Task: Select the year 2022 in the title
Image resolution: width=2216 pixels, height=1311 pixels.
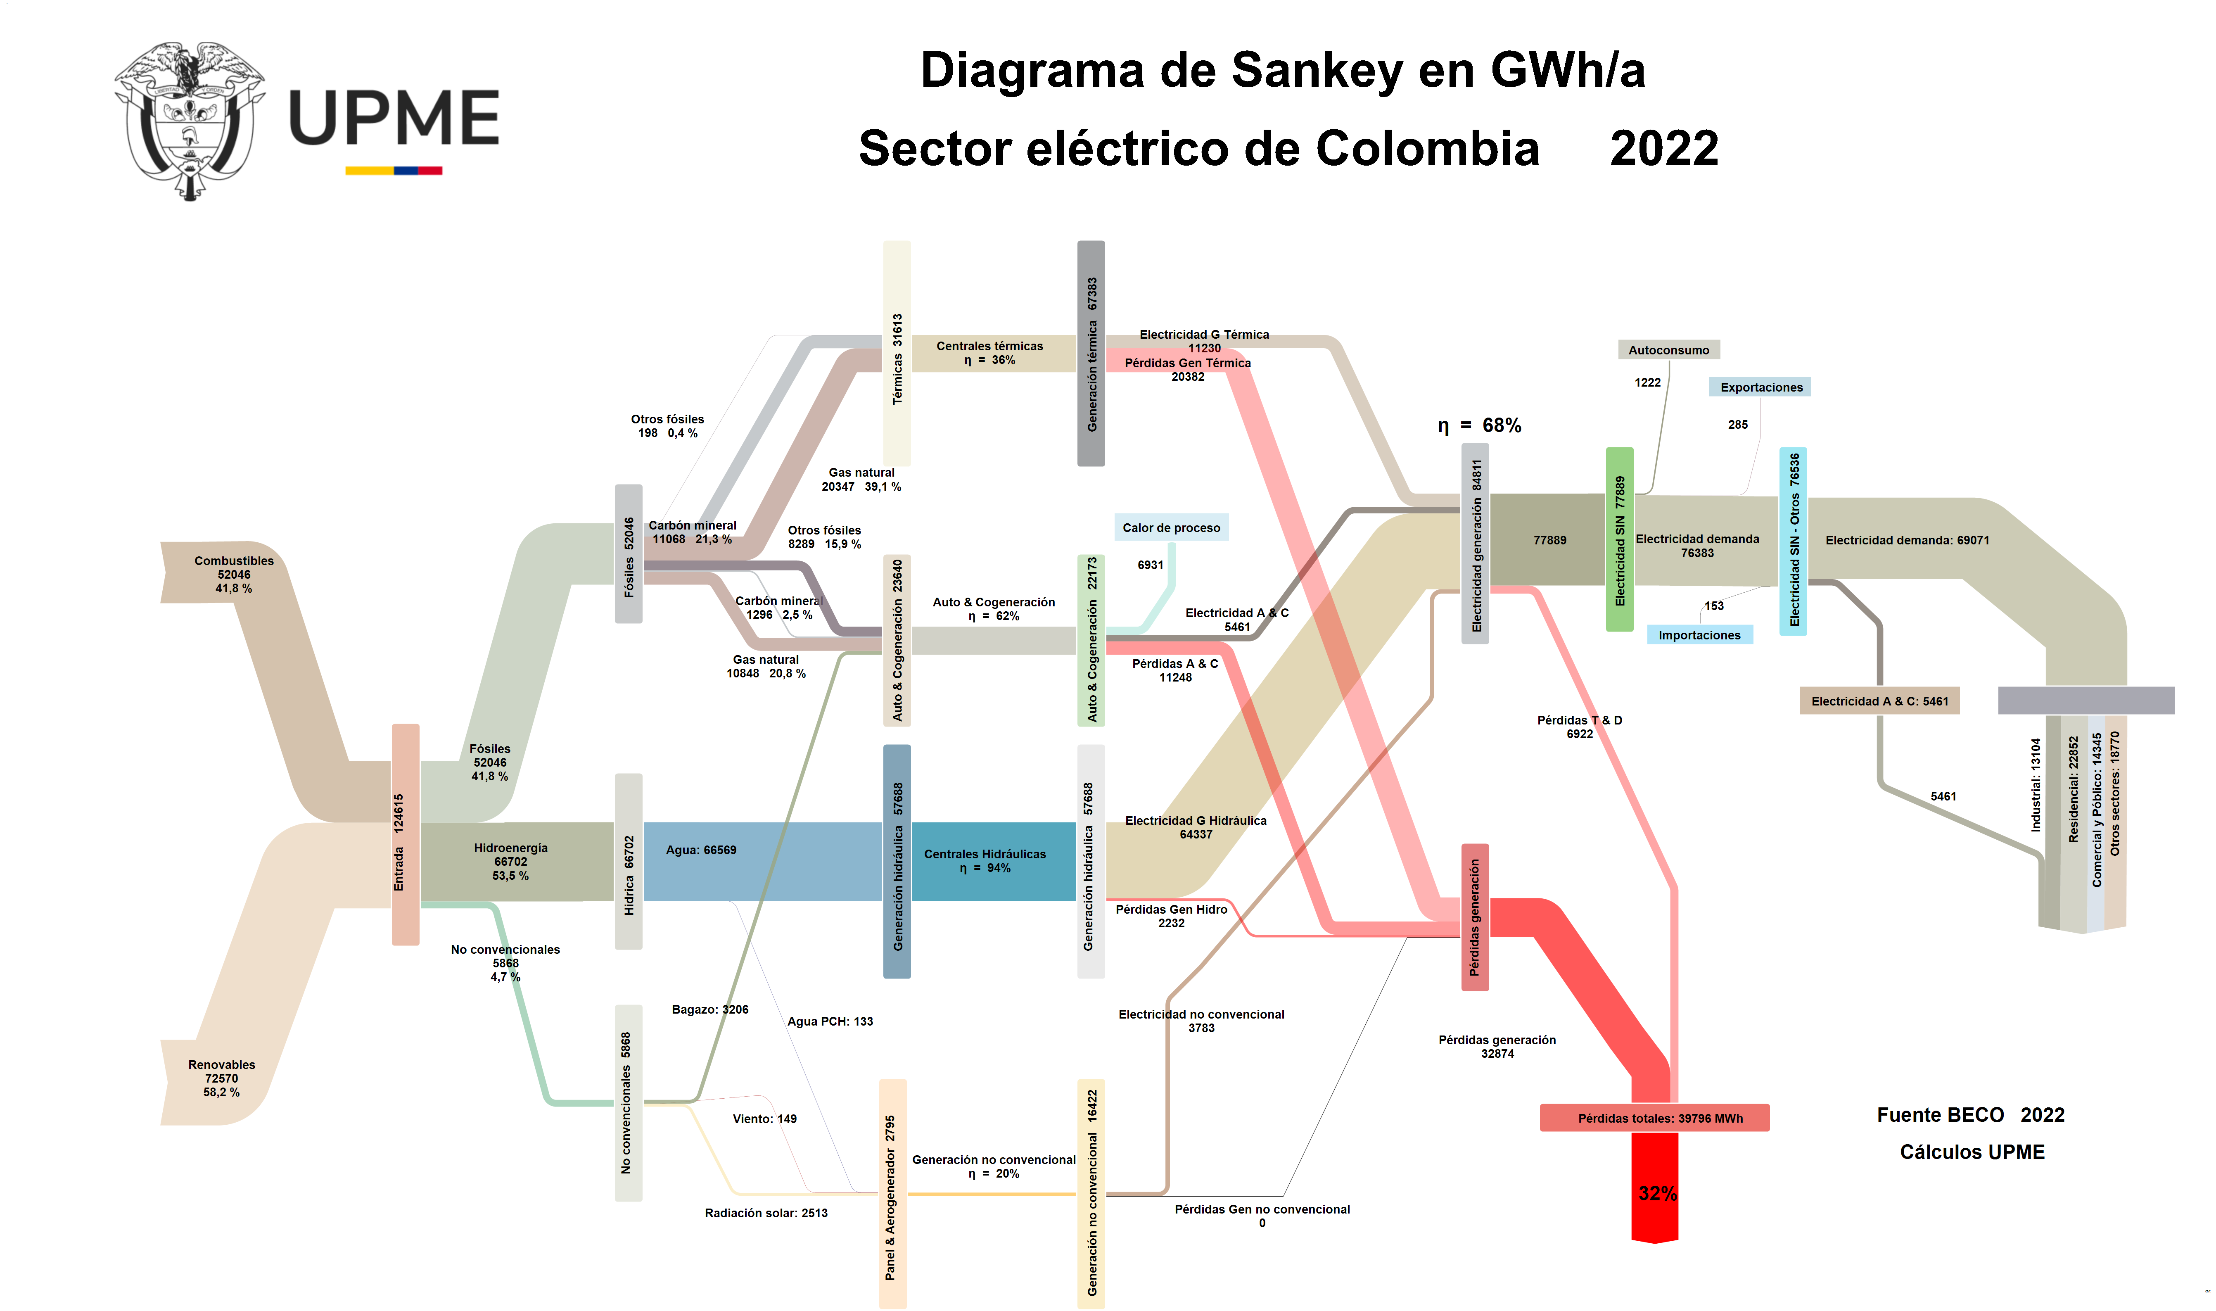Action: tap(1664, 148)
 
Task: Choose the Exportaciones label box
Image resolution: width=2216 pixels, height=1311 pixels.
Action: tap(1760, 387)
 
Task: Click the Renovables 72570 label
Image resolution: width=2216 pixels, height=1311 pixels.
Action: tap(222, 1078)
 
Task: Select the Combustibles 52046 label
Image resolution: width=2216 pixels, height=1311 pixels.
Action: tap(234, 574)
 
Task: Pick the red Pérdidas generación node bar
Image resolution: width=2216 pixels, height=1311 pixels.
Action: tap(1474, 917)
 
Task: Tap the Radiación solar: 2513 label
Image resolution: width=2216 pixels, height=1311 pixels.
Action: tap(766, 1213)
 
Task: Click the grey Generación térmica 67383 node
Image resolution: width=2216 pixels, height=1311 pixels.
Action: tap(1091, 354)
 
